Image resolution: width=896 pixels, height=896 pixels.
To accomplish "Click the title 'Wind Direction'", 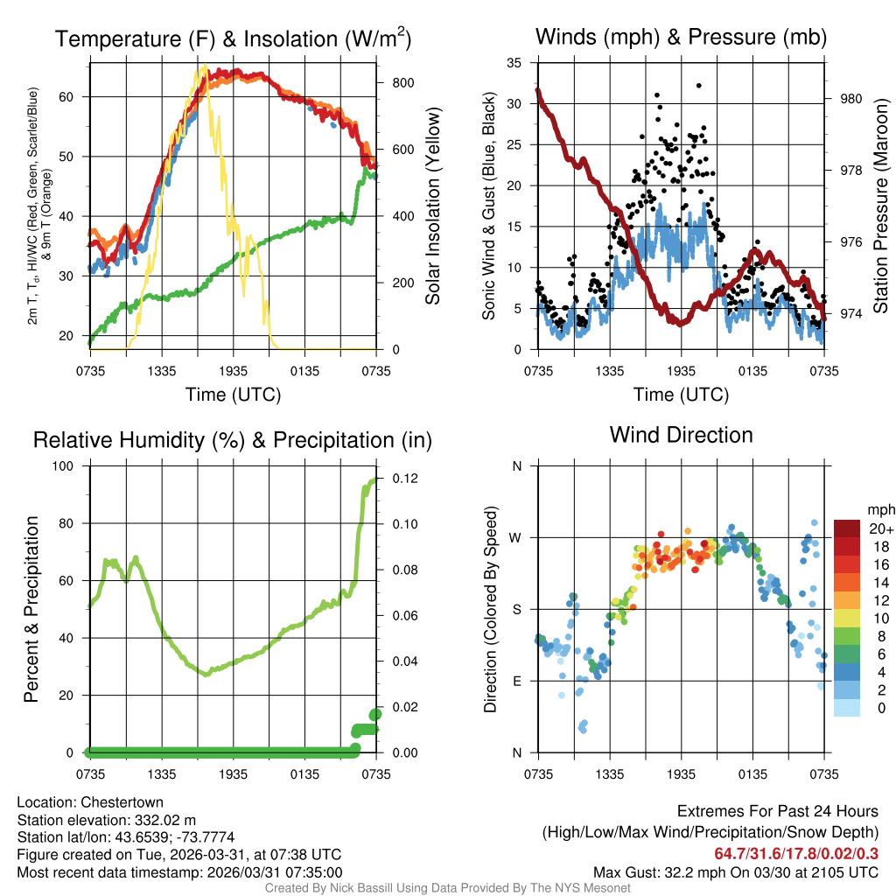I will [681, 435].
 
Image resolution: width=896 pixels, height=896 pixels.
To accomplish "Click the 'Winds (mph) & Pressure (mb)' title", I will [681, 37].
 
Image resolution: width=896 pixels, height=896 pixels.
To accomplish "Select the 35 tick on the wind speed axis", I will [514, 63].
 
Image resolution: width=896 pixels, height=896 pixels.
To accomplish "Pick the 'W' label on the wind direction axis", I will [516, 537].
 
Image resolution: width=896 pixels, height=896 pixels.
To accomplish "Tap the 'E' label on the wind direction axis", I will [517, 681].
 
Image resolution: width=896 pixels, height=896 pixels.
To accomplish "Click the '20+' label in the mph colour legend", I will [881, 529].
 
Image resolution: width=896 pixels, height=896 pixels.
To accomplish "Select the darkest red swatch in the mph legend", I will [847, 528].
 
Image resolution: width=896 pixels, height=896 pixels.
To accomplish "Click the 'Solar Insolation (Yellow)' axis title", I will [433, 206].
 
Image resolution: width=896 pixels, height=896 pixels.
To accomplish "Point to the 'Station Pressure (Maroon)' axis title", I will [881, 206].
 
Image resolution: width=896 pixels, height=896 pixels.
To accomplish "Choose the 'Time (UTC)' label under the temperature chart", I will [233, 395].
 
